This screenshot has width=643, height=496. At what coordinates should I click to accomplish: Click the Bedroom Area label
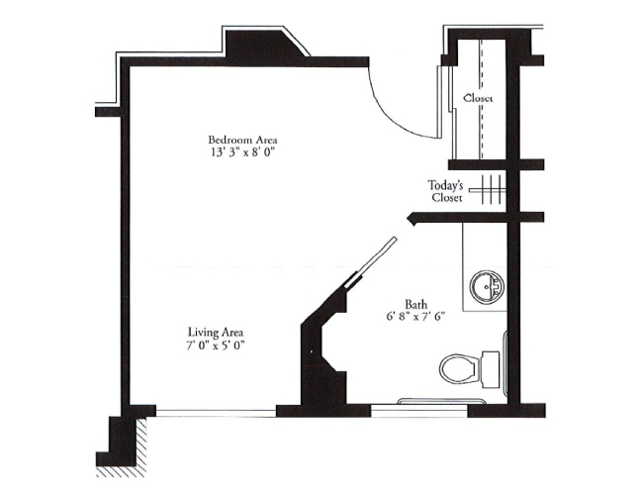(x=235, y=139)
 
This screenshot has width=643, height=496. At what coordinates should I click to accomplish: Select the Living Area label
(x=216, y=332)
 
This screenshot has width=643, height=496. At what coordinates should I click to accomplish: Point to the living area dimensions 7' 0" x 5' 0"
(x=216, y=346)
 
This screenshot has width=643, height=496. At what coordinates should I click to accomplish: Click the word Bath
(x=415, y=304)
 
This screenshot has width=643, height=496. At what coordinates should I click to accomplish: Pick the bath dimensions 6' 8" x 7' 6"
(x=416, y=318)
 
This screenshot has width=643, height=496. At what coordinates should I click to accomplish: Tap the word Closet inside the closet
(x=478, y=98)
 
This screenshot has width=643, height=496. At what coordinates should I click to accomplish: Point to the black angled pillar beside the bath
(x=322, y=356)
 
